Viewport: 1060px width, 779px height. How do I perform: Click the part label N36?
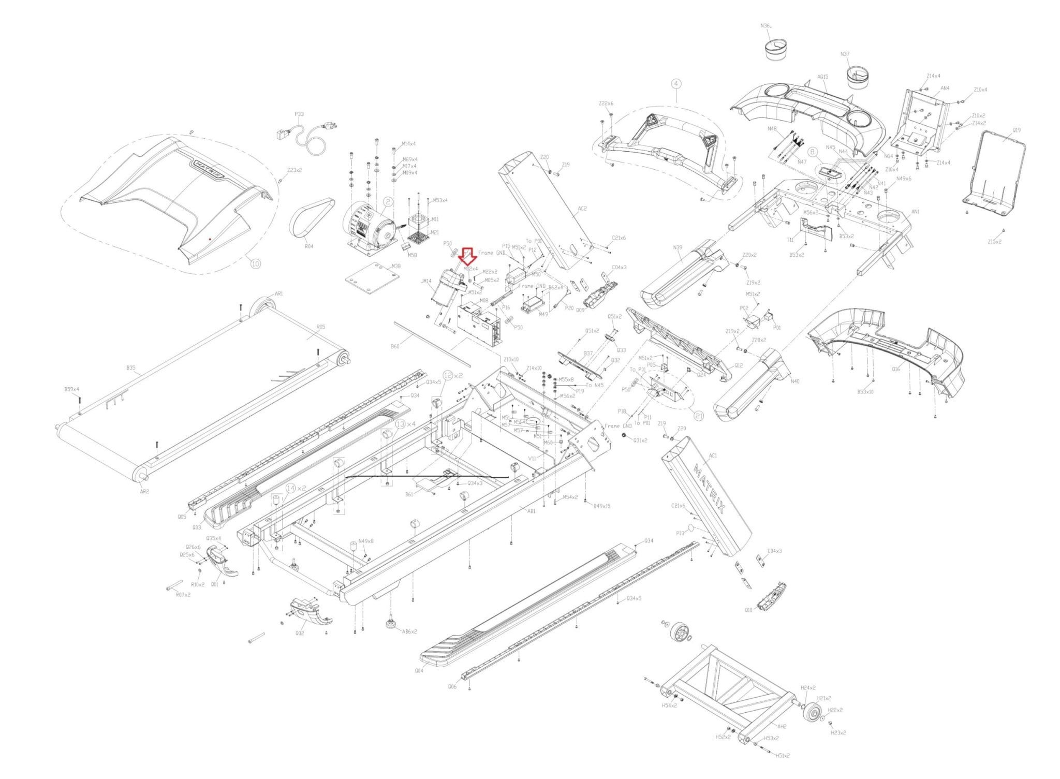coord(765,25)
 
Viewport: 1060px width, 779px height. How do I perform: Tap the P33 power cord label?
coord(299,114)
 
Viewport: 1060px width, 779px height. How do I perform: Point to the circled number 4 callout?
coord(676,83)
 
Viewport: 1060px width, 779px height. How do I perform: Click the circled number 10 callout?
coord(255,263)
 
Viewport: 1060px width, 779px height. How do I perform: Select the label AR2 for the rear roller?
coord(144,492)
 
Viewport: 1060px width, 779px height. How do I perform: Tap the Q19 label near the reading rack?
coord(1017,130)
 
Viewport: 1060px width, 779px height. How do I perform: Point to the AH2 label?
coord(782,726)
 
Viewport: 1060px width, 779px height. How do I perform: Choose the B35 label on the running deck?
coord(130,368)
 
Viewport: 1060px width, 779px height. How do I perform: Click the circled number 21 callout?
coord(699,416)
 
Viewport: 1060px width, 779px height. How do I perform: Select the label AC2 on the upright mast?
coord(582,209)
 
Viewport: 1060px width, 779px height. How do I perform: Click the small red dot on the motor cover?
coord(209,239)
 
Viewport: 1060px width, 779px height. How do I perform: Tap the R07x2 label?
coord(183,595)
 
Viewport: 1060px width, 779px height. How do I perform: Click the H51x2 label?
coord(783,756)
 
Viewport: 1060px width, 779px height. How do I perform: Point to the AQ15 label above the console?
coord(822,77)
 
